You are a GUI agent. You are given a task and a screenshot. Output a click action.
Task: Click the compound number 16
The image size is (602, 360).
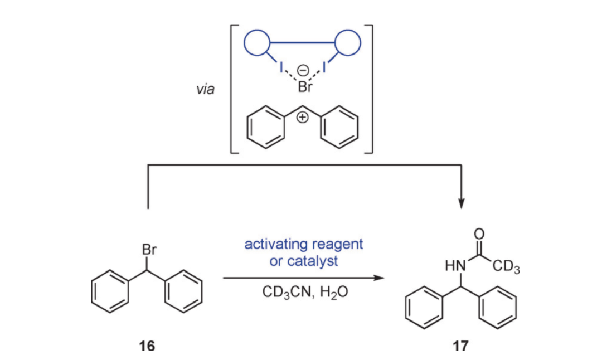(x=147, y=346)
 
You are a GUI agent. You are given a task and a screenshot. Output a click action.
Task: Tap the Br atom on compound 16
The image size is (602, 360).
(x=149, y=251)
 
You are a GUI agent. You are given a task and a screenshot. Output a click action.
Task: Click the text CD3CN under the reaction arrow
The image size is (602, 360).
(x=283, y=294)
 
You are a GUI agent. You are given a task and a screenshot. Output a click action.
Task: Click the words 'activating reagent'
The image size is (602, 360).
(x=304, y=244)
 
